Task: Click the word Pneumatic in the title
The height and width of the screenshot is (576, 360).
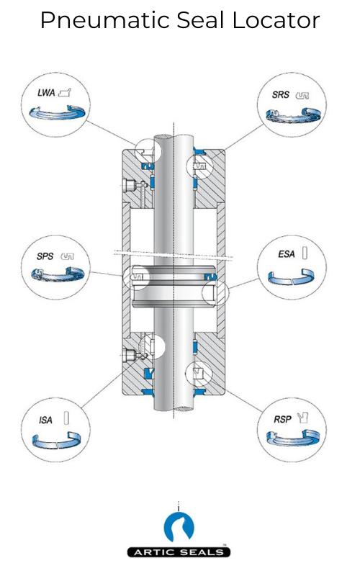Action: pyautogui.click(x=93, y=21)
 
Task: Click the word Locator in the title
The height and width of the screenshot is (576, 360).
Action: pyautogui.click(x=276, y=20)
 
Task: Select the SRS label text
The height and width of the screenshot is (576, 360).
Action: pyautogui.click(x=280, y=94)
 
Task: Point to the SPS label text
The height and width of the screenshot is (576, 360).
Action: pyautogui.click(x=45, y=256)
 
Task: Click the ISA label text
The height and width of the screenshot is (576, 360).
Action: pyautogui.click(x=45, y=420)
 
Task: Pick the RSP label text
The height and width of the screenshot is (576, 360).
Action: pyautogui.click(x=282, y=418)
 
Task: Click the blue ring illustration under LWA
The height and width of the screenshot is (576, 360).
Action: pyautogui.click(x=56, y=112)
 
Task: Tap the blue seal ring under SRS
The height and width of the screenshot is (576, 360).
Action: pyautogui.click(x=292, y=114)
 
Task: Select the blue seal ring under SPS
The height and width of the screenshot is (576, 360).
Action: pyautogui.click(x=57, y=274)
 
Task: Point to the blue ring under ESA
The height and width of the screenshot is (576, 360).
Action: pyautogui.click(x=292, y=276)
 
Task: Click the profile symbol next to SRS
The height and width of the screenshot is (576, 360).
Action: pyautogui.click(x=303, y=94)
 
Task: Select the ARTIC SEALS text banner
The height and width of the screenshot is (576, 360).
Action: pyautogui.click(x=179, y=552)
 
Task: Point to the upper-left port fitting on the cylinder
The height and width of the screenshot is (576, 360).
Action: pyautogui.click(x=132, y=185)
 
